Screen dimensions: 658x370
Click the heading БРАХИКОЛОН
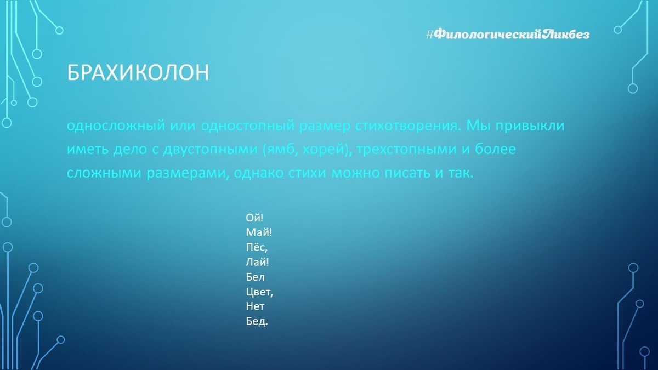point(138,72)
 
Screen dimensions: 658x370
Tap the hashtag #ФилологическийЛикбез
point(508,35)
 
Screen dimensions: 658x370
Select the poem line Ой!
point(254,218)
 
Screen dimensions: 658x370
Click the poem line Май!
point(259,232)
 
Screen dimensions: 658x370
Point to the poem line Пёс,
point(257,248)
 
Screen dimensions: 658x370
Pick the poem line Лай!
point(257,262)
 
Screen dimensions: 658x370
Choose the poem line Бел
point(256,277)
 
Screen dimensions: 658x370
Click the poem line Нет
point(255,306)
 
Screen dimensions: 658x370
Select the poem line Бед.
point(257,322)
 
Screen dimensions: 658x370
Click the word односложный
point(116,126)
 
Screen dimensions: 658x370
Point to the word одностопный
point(248,126)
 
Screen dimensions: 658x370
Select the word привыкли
point(530,126)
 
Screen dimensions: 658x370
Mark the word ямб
point(280,149)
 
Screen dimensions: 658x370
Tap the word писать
point(407,173)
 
